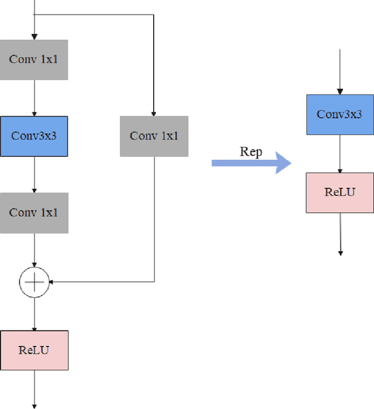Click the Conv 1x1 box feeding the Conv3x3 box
pos(34,60)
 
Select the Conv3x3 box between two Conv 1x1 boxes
pos(34,136)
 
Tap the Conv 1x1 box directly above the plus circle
pos(34,213)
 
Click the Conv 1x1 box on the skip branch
pos(154,136)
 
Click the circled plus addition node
pos(34,282)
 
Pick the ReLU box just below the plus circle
pos(34,350)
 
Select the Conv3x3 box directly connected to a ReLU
pos(340,114)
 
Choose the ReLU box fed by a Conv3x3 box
pos(340,193)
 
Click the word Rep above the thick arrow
pos(251,152)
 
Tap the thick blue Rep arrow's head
pos(283,163)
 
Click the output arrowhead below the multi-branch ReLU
pos(34,405)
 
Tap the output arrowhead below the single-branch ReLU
pos(340,253)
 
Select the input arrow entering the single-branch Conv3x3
pos(340,73)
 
